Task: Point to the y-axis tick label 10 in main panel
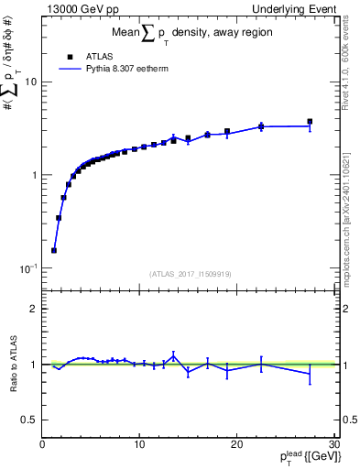(x=31, y=82)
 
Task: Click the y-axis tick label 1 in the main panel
(x=35, y=175)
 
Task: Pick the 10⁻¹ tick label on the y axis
(x=29, y=268)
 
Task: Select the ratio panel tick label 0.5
(x=30, y=420)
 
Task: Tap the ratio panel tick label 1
(x=35, y=365)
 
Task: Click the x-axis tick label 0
(x=42, y=444)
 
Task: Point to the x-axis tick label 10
(x=139, y=444)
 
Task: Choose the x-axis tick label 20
(x=236, y=444)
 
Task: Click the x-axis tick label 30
(x=333, y=444)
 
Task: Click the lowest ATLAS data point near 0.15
(x=54, y=250)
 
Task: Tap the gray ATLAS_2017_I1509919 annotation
(x=188, y=274)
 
